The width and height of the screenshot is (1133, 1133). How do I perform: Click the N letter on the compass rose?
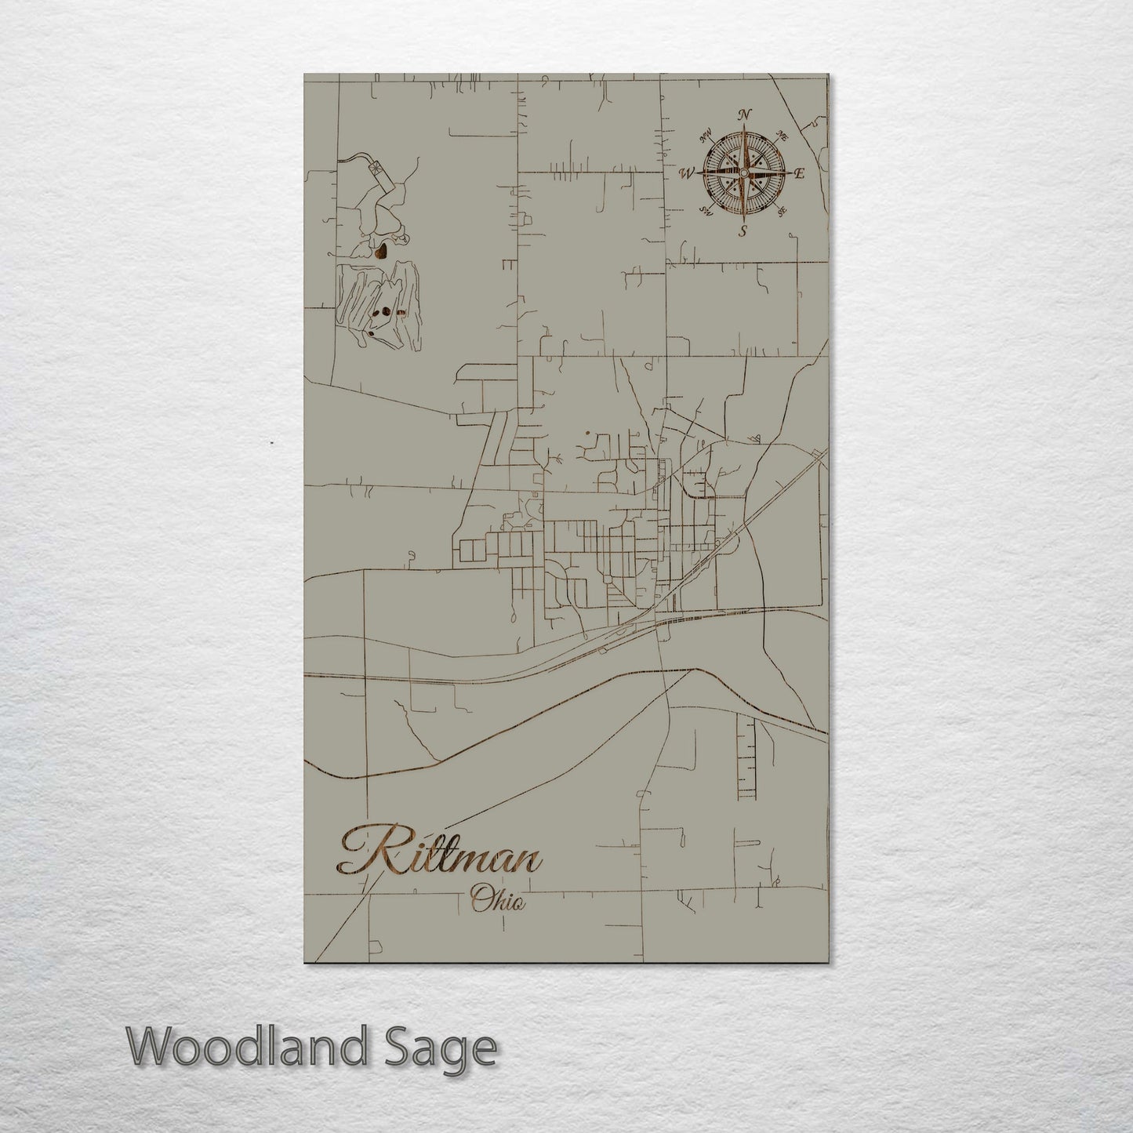(x=744, y=114)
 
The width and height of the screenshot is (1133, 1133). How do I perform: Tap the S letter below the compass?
(x=743, y=231)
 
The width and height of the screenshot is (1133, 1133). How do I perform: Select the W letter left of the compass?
(x=688, y=173)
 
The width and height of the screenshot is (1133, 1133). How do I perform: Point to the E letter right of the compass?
(x=800, y=174)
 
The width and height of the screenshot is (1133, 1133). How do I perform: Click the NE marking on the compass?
(x=782, y=135)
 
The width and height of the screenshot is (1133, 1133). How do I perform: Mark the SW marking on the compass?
(x=706, y=210)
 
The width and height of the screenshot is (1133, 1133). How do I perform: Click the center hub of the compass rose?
(x=743, y=172)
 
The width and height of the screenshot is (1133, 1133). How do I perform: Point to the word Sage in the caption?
(x=450, y=1049)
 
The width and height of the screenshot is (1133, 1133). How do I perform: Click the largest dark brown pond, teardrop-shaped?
(x=382, y=252)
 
